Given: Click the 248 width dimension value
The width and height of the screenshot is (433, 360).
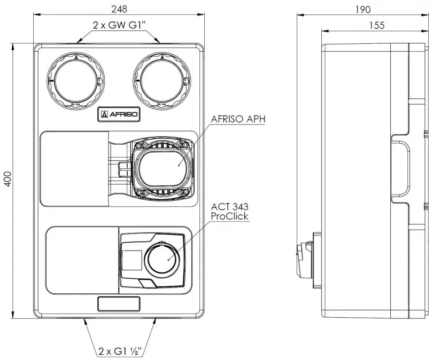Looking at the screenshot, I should click(x=119, y=10).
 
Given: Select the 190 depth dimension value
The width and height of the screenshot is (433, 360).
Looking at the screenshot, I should click(x=362, y=10).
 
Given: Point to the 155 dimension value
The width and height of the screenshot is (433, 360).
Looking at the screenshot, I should click(x=376, y=25).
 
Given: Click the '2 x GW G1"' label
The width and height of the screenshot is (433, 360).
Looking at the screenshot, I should click(x=119, y=25).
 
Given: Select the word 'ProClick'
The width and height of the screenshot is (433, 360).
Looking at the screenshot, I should click(x=230, y=216).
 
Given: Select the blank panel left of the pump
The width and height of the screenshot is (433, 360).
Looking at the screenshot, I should click(x=74, y=168).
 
